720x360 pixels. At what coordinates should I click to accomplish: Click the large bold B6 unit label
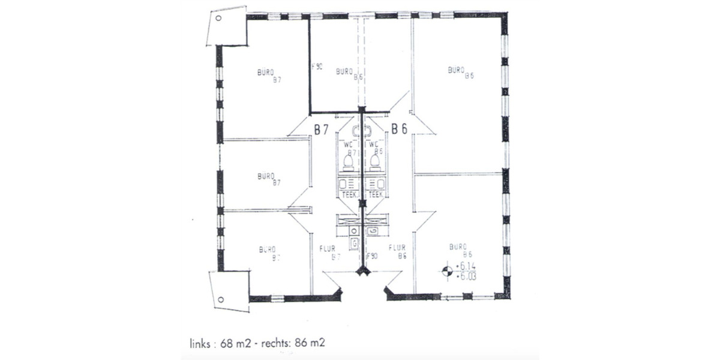pos(400,128)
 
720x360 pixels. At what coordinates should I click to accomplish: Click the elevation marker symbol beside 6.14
pos(446,271)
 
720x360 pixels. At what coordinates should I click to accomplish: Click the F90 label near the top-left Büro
pos(318,67)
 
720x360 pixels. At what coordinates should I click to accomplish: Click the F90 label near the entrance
pos(371,256)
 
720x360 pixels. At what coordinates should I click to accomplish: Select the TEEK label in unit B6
pos(376,194)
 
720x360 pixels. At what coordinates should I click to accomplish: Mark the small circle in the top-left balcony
pos(218,19)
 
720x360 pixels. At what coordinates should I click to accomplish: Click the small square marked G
pos(355,243)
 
